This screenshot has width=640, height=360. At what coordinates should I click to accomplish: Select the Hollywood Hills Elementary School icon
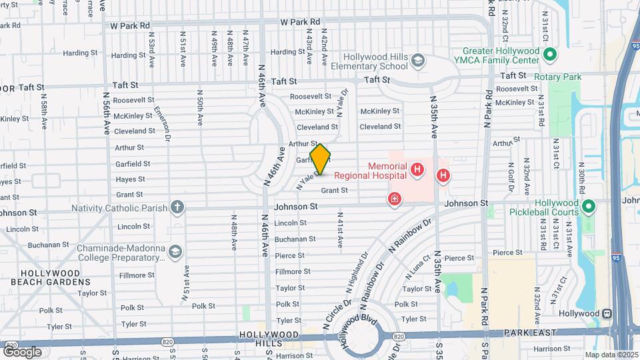point(417,61)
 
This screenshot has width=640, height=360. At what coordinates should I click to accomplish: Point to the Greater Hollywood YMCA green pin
point(550,55)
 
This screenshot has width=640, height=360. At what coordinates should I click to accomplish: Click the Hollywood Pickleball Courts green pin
point(589,207)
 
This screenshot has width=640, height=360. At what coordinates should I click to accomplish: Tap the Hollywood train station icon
point(607,313)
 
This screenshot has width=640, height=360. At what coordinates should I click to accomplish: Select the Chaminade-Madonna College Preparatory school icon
point(175,252)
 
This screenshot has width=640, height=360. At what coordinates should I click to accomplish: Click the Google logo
point(22,351)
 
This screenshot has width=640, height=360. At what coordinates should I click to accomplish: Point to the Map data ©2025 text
point(611,355)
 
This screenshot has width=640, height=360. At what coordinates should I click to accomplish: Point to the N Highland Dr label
point(357,273)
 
